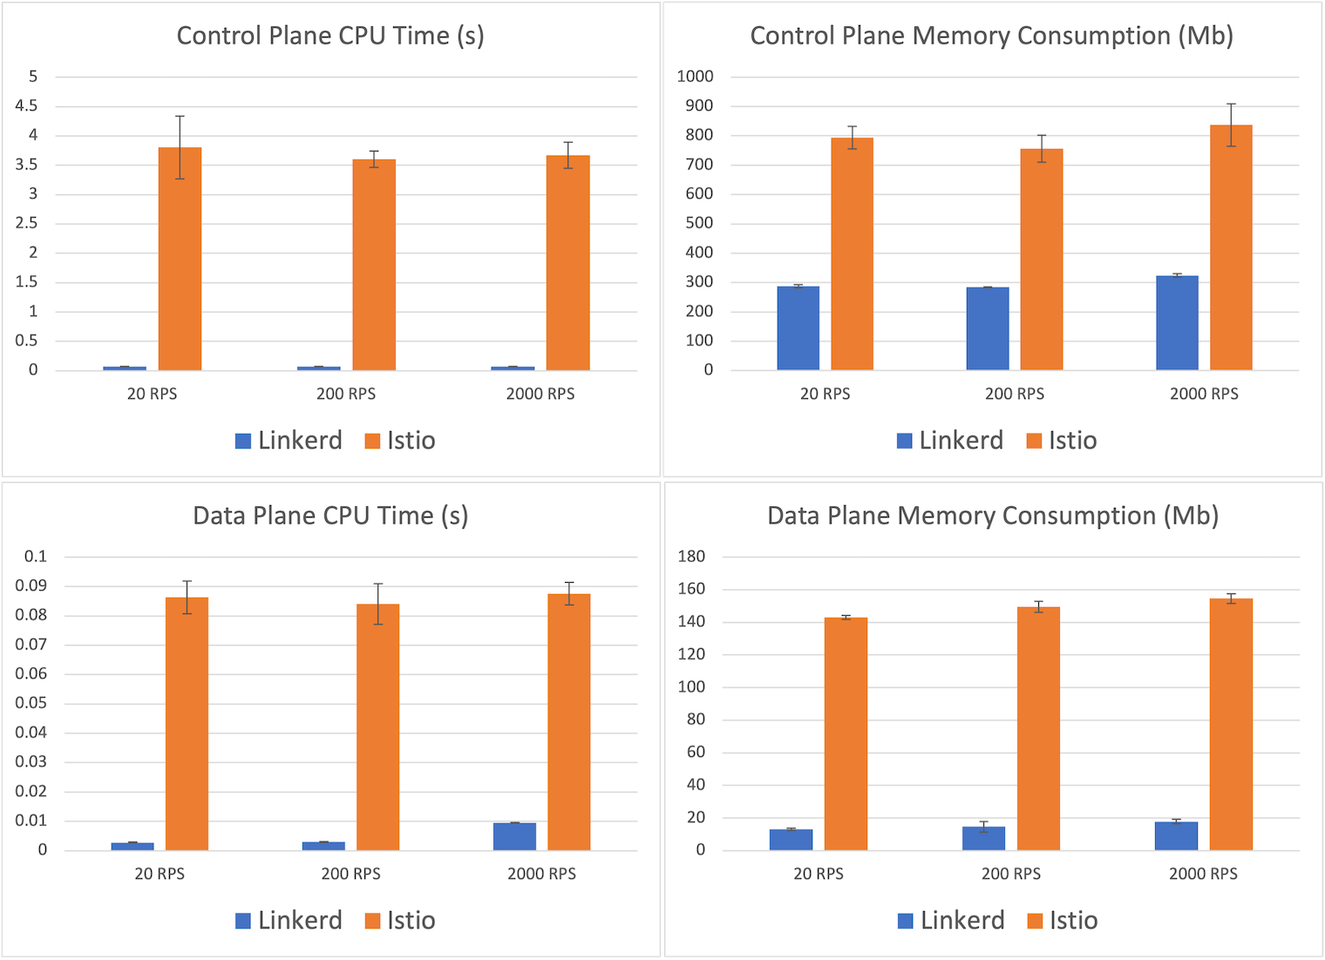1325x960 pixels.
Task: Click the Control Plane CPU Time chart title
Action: click(x=330, y=36)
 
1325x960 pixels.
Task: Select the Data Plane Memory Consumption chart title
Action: click(x=992, y=516)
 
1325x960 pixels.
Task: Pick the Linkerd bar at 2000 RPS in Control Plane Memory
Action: click(x=1177, y=323)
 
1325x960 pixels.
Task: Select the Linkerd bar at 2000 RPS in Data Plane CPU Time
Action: click(x=514, y=836)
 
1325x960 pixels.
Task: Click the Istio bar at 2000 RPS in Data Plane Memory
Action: click(x=1231, y=724)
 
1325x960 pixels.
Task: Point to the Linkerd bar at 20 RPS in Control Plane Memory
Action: click(x=798, y=328)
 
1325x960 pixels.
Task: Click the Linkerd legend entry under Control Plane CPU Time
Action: click(x=289, y=441)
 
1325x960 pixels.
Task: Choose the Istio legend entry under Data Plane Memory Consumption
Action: click(x=1063, y=921)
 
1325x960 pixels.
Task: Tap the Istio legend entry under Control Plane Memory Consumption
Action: click(x=1062, y=441)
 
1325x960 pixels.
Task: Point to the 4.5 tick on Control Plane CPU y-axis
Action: click(x=27, y=106)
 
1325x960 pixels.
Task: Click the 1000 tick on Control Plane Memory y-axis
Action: click(x=695, y=77)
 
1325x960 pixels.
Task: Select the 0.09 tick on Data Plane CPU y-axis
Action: click(x=31, y=586)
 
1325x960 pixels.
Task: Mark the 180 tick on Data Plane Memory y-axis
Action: click(x=691, y=557)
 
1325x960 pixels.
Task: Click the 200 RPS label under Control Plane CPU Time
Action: click(x=346, y=395)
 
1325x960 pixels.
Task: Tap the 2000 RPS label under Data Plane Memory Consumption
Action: click(x=1203, y=875)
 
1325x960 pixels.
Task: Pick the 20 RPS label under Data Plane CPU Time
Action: click(x=160, y=875)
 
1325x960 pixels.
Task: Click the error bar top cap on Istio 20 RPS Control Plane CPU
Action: click(x=180, y=116)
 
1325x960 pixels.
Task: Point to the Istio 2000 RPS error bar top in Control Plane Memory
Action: click(x=1231, y=104)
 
